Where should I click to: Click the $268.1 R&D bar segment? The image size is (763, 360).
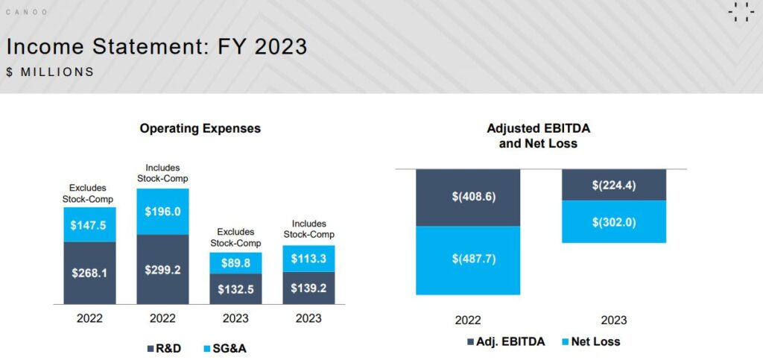tap(89, 273)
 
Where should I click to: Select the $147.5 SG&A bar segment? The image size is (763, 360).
tap(89, 224)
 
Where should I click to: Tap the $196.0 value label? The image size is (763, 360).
tap(162, 212)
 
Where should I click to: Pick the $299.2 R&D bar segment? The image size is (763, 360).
tap(162, 269)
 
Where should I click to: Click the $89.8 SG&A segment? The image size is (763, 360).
tap(236, 263)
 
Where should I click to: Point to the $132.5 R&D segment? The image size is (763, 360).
tap(236, 289)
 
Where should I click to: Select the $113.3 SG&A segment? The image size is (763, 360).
tap(308, 259)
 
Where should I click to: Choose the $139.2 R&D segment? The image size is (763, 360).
tap(308, 288)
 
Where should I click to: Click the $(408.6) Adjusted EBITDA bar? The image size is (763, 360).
tap(468, 198)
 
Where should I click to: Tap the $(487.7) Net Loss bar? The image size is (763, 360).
tap(468, 260)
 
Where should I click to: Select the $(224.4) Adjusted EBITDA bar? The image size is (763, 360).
tap(614, 185)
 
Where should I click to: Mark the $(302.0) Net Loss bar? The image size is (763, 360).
tap(614, 221)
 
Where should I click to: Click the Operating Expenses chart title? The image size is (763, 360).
tap(200, 128)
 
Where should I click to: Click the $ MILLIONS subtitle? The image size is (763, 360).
tap(50, 72)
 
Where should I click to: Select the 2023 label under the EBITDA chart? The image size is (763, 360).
tap(613, 320)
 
